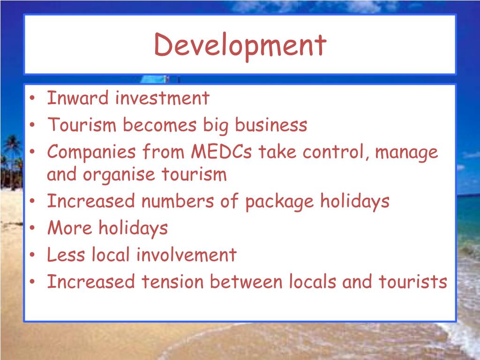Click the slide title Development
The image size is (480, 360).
point(240,45)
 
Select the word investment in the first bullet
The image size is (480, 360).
point(162,98)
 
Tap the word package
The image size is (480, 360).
point(280,202)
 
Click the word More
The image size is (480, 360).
point(70,228)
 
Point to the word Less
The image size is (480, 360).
point(66,255)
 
